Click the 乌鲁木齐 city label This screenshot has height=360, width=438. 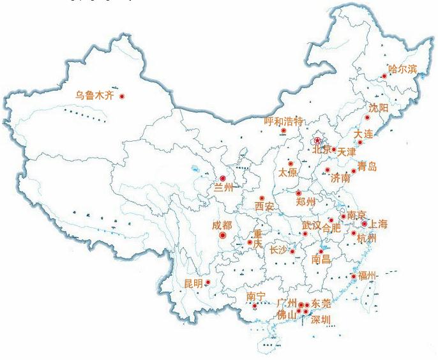[94, 96]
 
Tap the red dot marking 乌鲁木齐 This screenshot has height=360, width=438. [122, 96]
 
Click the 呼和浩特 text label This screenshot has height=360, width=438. [283, 121]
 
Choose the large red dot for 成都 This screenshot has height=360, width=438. [222, 235]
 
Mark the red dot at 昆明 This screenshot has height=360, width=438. [208, 282]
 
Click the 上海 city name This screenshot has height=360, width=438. [378, 224]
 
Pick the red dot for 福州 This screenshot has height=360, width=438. [354, 276]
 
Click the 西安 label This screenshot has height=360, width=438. [264, 207]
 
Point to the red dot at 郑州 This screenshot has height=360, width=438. [298, 193]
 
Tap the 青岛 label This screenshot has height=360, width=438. [367, 168]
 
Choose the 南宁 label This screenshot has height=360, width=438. [255, 297]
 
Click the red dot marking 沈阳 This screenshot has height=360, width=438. [367, 118]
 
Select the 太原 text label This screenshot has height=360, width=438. [288, 173]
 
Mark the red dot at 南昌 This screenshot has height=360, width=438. [321, 251]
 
